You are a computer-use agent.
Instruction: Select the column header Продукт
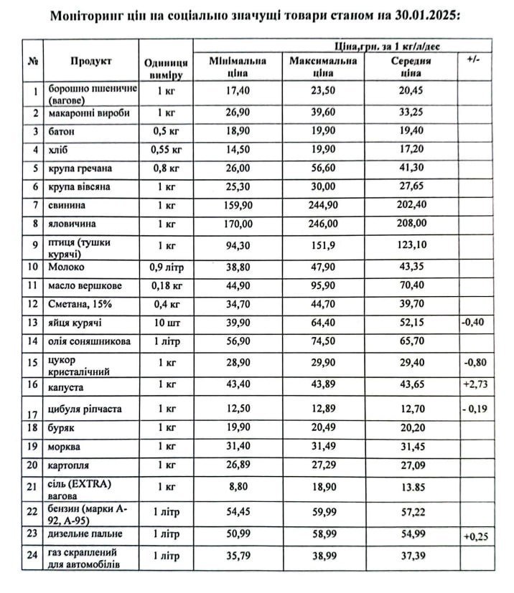tap(90, 61)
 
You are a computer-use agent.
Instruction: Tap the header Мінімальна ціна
tap(238, 67)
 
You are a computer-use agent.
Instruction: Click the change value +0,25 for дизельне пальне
tap(476, 537)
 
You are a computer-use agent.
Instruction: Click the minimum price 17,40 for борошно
tap(238, 91)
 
